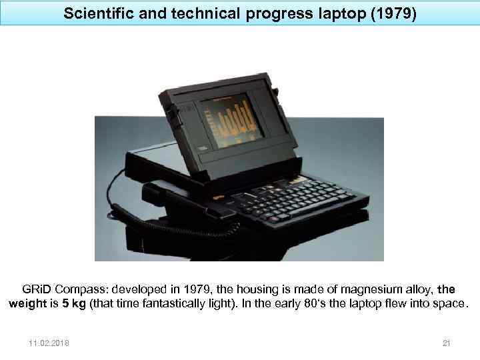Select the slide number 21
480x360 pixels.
(x=447, y=343)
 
